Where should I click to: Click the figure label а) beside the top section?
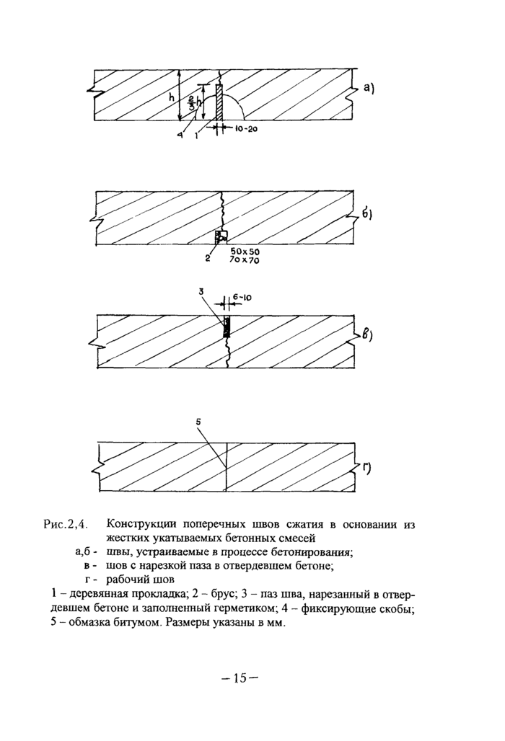[x=369, y=89]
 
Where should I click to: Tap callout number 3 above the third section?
[x=201, y=292]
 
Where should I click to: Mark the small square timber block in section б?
[x=221, y=236]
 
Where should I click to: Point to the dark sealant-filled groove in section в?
[x=226, y=327]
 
